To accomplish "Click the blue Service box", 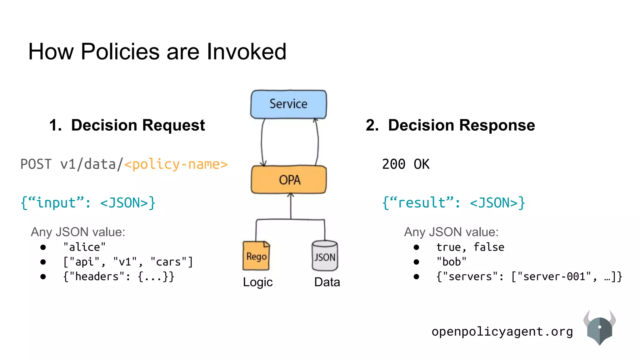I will [288, 104].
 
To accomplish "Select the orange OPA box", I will [289, 180].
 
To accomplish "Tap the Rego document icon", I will [256, 256].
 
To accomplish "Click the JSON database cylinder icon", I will [325, 256].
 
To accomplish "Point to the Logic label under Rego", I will [258, 282].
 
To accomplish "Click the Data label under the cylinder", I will [327, 282].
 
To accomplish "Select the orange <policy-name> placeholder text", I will [176, 164].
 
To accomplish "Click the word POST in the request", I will [36, 164].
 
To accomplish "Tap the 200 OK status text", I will [406, 164].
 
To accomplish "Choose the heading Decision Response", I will [461, 125].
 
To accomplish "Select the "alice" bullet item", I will [84, 247].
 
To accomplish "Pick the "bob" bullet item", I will [451, 262].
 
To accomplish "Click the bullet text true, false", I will [470, 247].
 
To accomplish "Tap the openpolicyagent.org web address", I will [502, 332].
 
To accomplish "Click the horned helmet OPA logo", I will [599, 328].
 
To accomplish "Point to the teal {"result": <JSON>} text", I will [453, 203].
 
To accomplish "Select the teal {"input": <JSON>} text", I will [88, 203].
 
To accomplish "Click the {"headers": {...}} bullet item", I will [119, 277].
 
